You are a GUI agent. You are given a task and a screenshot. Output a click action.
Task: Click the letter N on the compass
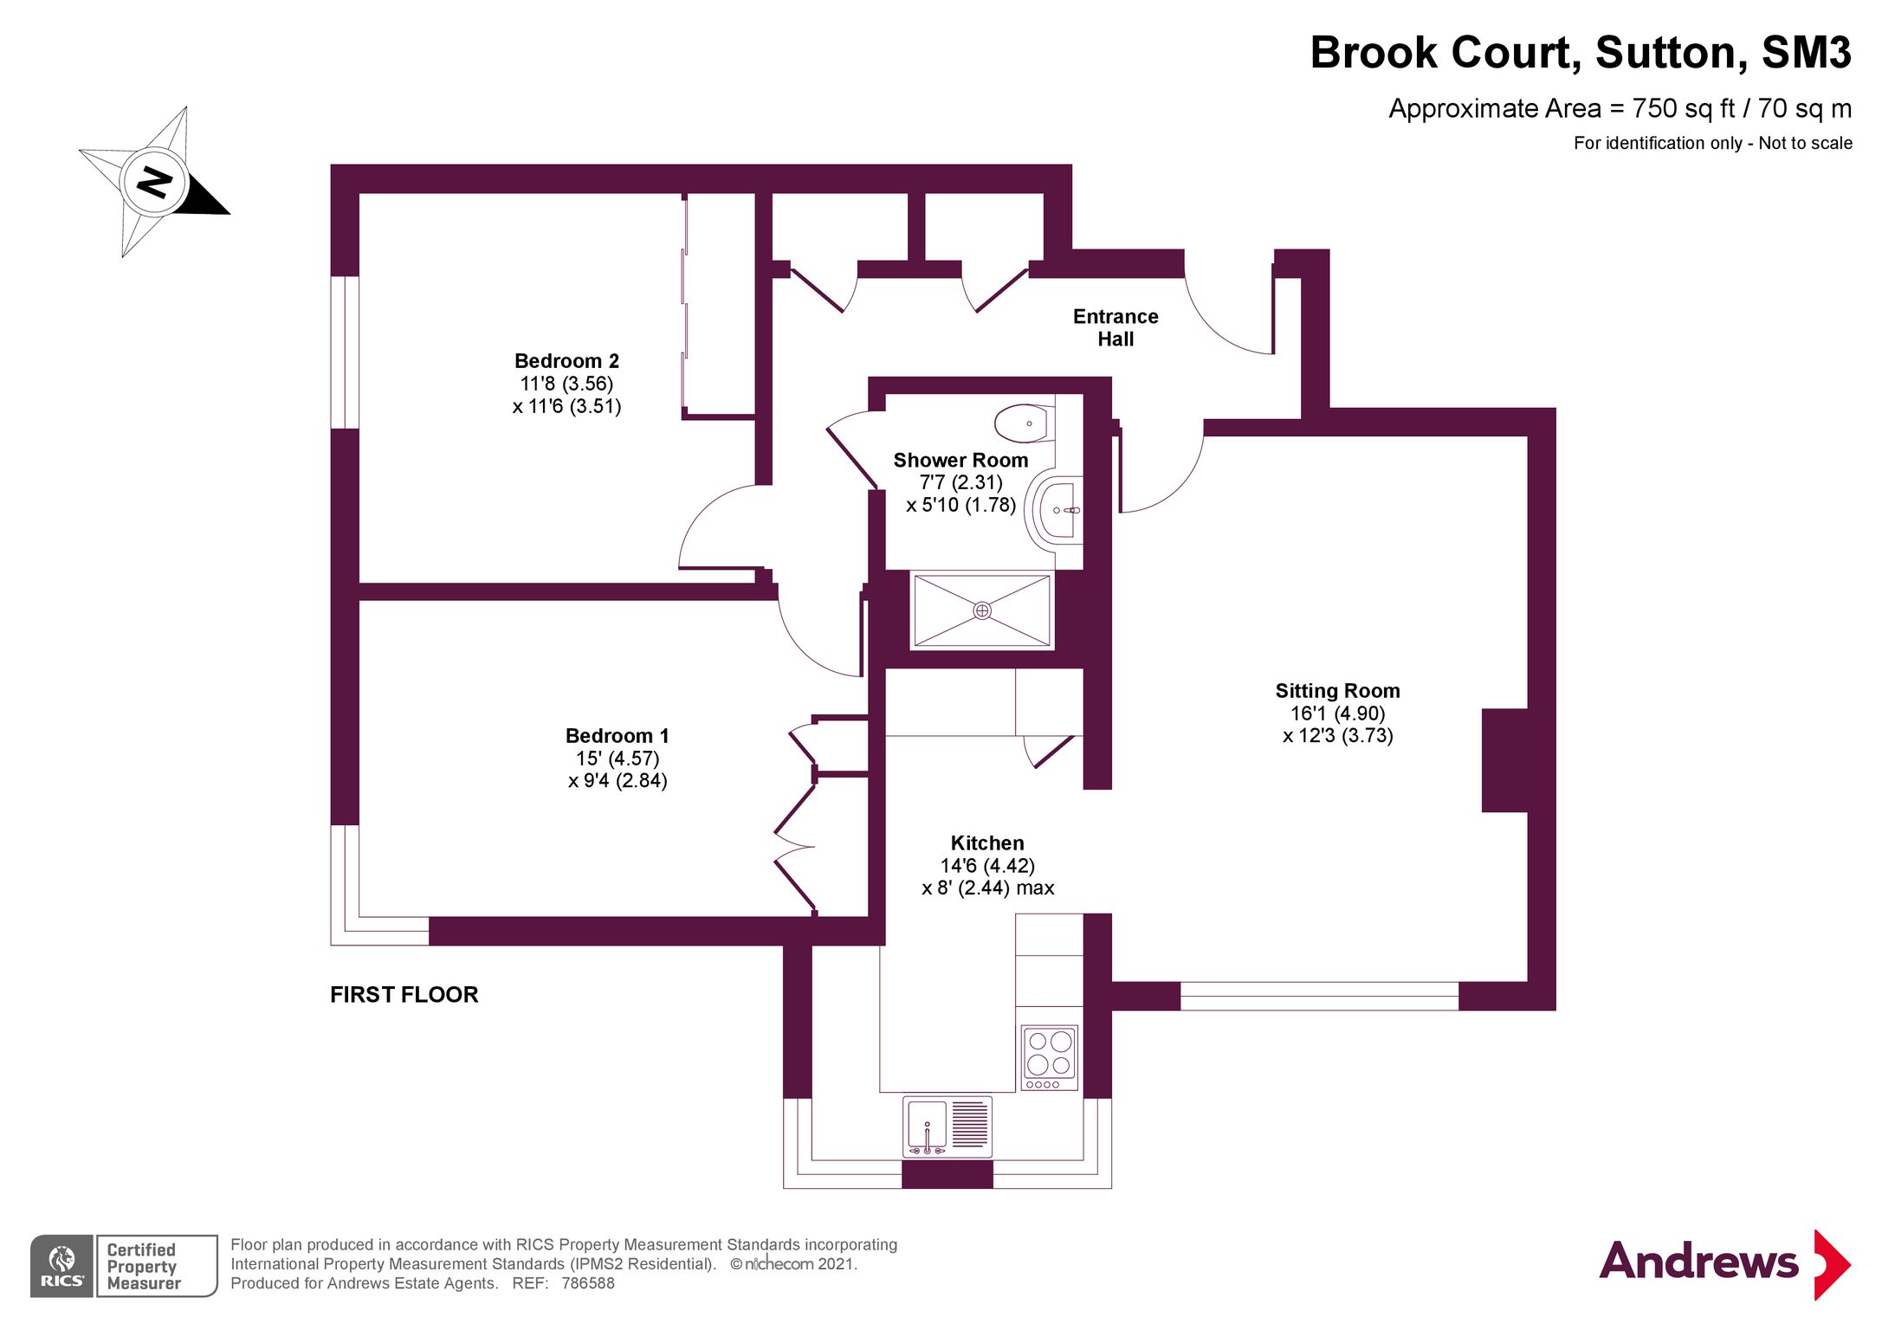(154, 183)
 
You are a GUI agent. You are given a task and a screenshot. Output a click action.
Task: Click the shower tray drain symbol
(981, 610)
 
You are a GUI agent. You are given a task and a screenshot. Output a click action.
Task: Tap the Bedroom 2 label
(566, 361)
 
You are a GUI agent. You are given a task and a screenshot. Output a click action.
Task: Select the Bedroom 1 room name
(617, 736)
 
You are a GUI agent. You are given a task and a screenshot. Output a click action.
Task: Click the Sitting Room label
(1336, 691)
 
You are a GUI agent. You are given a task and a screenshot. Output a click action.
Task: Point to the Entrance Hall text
(1115, 327)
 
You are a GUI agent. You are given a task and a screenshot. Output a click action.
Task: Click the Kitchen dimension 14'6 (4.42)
(987, 865)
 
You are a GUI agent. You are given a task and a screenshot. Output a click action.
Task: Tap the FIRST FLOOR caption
(404, 994)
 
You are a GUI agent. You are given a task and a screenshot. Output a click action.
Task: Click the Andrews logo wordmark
(1698, 1262)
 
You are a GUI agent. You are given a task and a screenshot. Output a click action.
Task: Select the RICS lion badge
(61, 1265)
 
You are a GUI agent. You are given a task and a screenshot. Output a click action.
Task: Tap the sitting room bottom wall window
(1318, 996)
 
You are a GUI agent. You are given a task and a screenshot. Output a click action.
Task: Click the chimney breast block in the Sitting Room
(1504, 760)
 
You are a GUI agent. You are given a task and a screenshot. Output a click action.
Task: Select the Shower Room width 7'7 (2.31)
(960, 482)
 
